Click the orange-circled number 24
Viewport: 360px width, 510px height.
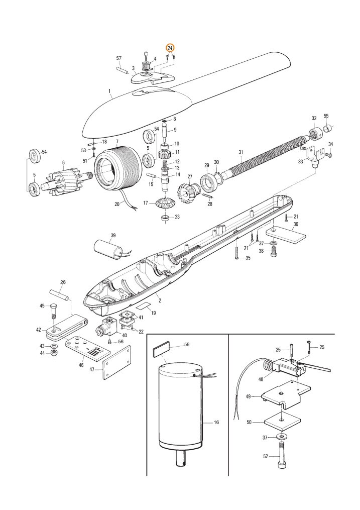pos(170,48)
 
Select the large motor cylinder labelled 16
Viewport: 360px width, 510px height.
pos(180,410)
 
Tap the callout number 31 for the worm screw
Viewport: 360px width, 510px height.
pos(241,152)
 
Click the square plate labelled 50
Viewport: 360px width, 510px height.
pos(282,422)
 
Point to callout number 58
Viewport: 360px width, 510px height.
pos(186,345)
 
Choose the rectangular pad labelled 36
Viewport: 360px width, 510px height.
pos(286,235)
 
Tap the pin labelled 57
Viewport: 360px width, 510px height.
pos(122,70)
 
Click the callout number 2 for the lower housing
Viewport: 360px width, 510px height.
pos(160,300)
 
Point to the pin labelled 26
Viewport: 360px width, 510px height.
pos(59,294)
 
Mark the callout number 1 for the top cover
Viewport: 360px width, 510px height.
pos(109,91)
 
